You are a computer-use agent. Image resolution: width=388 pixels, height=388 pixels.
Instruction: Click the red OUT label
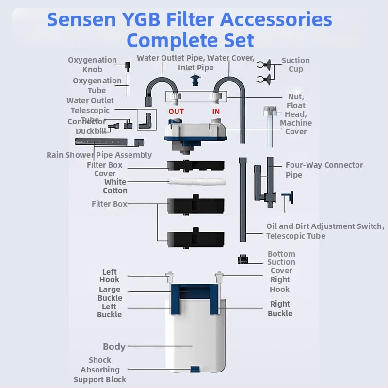tap(176, 112)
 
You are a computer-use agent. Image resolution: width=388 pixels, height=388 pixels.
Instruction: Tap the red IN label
tap(216, 112)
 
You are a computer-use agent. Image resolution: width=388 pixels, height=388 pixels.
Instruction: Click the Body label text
tap(114, 347)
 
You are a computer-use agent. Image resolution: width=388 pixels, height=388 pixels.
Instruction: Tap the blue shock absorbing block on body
tap(194, 370)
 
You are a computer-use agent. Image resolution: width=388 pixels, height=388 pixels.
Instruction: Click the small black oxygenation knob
tap(128, 65)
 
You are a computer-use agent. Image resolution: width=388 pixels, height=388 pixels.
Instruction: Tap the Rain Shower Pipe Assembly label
tap(99, 155)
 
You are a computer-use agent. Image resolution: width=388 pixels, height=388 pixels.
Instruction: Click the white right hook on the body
tap(220, 277)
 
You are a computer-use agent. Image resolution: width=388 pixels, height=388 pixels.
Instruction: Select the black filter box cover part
tap(195, 165)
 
